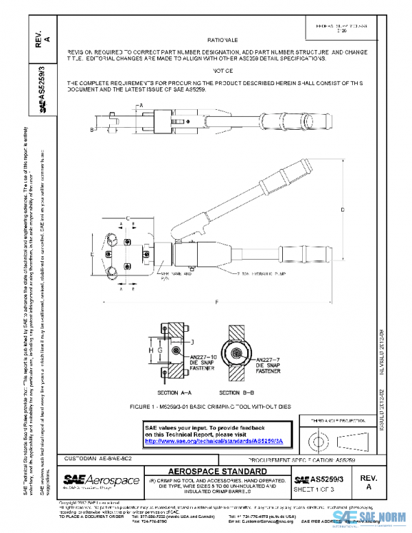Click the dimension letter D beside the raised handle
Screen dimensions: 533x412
click(342, 209)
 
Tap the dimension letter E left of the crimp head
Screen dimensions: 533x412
click(91, 253)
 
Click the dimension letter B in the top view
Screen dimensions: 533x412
click(91, 128)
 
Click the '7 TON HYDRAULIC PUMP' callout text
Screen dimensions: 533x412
click(245, 273)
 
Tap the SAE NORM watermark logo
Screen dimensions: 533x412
click(371, 517)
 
